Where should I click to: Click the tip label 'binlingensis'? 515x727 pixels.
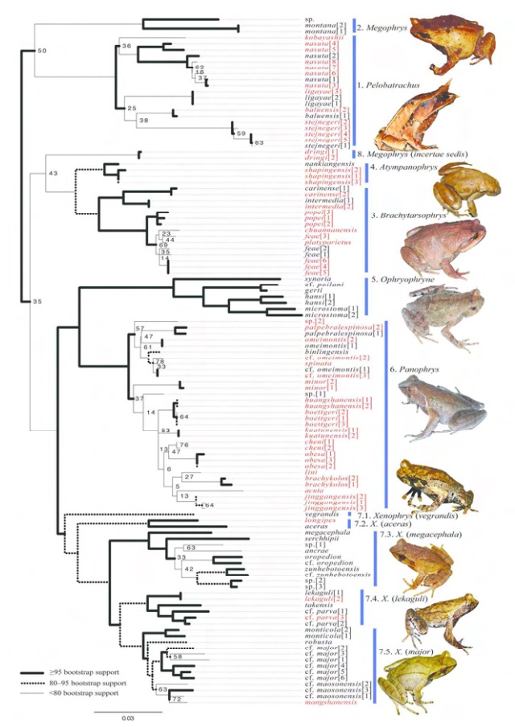point(323,351)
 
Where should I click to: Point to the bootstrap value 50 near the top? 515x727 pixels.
point(43,51)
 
